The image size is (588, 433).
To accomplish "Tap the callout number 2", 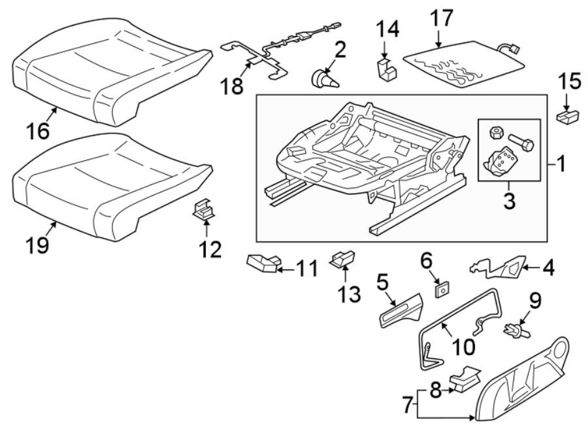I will (x=340, y=50).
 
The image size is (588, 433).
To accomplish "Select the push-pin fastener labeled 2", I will (x=324, y=81).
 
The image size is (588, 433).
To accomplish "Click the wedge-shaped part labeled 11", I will (x=262, y=263).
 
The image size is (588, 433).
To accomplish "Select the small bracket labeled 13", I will (x=344, y=259).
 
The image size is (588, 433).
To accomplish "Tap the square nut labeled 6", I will (x=443, y=286).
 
